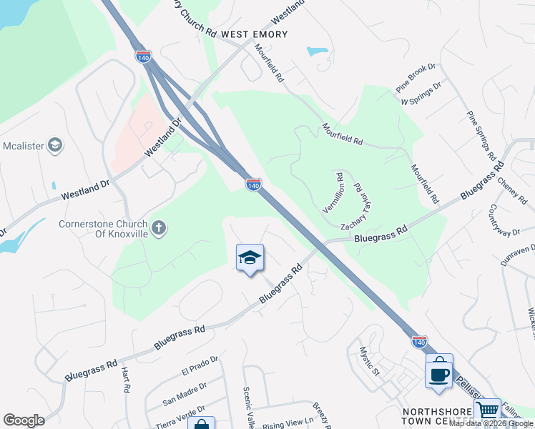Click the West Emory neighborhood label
pyautogui.click(x=254, y=34)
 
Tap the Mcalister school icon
pyautogui.click(x=55, y=147)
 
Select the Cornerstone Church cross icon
pyautogui.click(x=159, y=227)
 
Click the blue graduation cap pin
pyautogui.click(x=250, y=258)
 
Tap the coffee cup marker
pyautogui.click(x=438, y=373)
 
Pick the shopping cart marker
pyautogui.click(x=487, y=411)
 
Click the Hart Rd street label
pyautogui.click(x=126, y=379)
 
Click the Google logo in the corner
pyautogui.click(x=24, y=420)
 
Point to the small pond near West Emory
pyautogui.click(x=316, y=51)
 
